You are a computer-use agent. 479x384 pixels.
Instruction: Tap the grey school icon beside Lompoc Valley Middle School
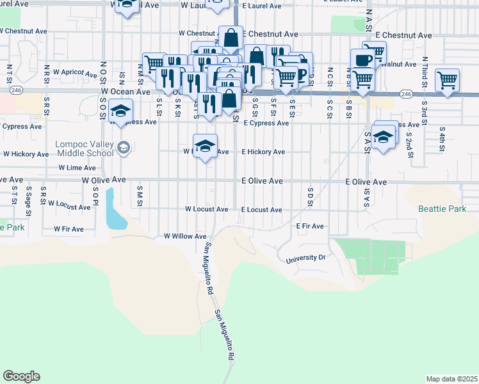(x=124, y=148)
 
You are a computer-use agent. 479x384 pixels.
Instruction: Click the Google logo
(x=21, y=376)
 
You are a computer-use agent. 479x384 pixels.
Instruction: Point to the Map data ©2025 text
(x=451, y=379)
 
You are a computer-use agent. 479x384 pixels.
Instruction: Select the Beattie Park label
(x=439, y=209)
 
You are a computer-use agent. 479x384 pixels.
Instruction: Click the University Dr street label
(x=305, y=257)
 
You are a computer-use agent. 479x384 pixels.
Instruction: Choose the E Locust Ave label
(x=261, y=210)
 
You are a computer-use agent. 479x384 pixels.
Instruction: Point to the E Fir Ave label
(x=310, y=226)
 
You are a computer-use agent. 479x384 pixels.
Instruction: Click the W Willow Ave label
(x=184, y=236)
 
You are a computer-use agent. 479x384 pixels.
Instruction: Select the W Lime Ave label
(x=77, y=167)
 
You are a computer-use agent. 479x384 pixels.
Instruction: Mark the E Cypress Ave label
(x=266, y=123)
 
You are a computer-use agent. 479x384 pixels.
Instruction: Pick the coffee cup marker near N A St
(x=362, y=60)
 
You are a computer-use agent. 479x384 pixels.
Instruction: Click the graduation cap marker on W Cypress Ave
(x=120, y=111)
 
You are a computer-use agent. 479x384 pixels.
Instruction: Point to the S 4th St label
(x=442, y=139)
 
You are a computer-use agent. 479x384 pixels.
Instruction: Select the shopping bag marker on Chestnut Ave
(x=231, y=37)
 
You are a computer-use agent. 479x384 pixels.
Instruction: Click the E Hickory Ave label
(x=263, y=152)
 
